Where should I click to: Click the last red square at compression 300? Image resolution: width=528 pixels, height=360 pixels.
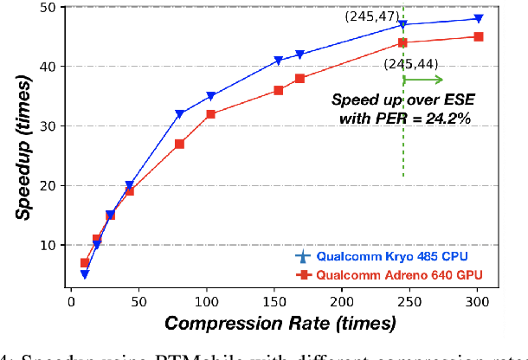pos(479,36)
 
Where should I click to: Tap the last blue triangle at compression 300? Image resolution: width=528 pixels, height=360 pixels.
pos(479,19)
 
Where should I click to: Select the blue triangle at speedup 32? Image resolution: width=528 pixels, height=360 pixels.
pos(179,114)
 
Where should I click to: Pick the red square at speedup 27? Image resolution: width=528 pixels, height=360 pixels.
pos(179,144)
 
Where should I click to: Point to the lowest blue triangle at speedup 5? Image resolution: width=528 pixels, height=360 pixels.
pos(85,274)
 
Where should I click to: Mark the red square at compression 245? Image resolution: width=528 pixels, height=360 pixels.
pos(403,42)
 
